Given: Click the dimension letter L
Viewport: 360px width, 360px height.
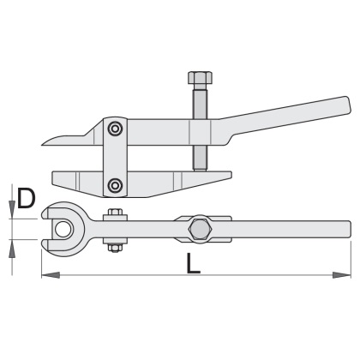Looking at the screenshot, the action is click(194, 263).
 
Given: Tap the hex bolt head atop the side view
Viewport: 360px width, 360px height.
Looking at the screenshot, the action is click(200, 78).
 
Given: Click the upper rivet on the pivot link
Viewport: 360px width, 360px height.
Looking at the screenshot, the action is click(115, 129).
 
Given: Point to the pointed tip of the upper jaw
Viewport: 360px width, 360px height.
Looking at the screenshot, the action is click(42, 144).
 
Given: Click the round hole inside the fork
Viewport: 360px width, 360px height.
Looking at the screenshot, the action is click(63, 230).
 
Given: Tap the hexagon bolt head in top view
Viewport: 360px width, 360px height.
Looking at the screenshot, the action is click(201, 230).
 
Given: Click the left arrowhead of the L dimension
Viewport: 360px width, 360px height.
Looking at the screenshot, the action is click(51, 275).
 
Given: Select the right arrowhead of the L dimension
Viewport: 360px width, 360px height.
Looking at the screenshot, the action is click(341, 275).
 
